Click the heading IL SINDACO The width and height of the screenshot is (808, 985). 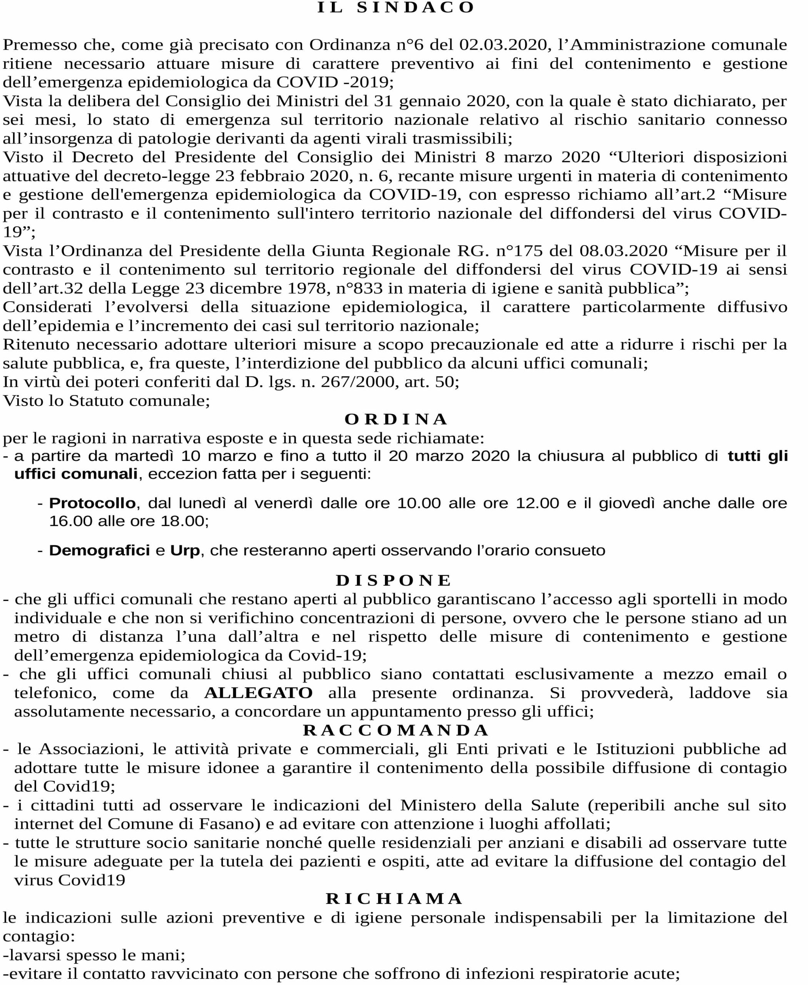[396, 7]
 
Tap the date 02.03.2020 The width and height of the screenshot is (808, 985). [503, 45]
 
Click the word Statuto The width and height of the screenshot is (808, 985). [96, 401]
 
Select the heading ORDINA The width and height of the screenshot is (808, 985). [396, 419]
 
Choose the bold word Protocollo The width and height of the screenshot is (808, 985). [92, 503]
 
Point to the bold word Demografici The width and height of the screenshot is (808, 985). [99, 551]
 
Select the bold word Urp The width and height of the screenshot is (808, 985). [185, 551]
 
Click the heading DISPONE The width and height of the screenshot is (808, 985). [394, 580]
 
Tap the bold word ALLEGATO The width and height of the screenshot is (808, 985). [258, 693]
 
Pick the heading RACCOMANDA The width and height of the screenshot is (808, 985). [396, 730]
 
